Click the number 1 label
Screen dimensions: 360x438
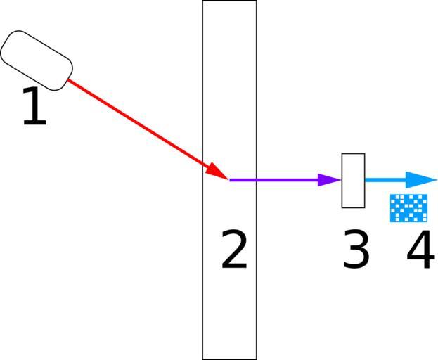(x=34, y=108)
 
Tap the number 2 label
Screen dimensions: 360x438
(x=234, y=250)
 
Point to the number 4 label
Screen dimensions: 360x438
(x=420, y=250)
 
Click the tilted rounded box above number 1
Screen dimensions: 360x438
(x=37, y=60)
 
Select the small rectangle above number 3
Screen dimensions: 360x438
(x=353, y=181)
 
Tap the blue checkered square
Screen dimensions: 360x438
(x=409, y=208)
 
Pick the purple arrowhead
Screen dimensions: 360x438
(x=329, y=180)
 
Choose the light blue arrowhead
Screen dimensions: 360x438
(x=423, y=180)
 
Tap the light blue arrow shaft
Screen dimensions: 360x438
(x=387, y=180)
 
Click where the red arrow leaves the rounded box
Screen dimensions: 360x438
(x=68, y=80)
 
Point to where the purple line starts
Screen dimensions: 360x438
(x=230, y=180)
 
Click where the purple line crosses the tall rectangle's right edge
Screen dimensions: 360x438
(x=257, y=180)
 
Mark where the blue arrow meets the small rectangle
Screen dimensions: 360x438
(x=365, y=180)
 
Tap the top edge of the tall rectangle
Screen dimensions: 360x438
(x=229, y=1)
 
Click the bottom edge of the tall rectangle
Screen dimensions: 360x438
(x=229, y=359)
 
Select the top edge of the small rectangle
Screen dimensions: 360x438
(x=353, y=153)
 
